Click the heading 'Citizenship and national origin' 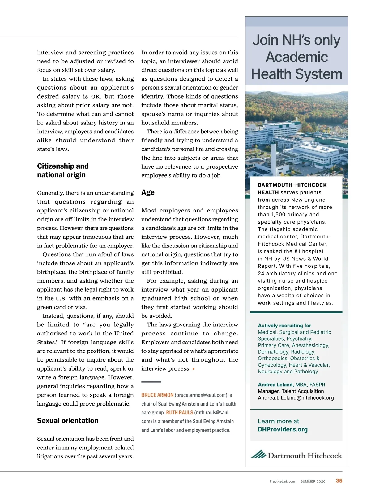[x=63, y=170]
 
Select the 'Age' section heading [x=148, y=192]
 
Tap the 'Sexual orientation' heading [x=68, y=421]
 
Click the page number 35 [x=339, y=481]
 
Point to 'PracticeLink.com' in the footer [x=282, y=481]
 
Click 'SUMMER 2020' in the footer [x=313, y=481]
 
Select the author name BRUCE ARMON [x=157, y=395]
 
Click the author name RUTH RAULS [x=180, y=413]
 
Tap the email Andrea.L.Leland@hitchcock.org [x=296, y=398]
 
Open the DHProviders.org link [x=283, y=430]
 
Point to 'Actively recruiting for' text [x=284, y=326]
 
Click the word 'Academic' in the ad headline [x=297, y=57]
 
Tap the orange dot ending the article [x=194, y=369]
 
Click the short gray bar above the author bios [x=151, y=382]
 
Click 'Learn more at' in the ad [x=278, y=421]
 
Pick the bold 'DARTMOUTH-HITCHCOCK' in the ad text [x=292, y=185]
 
